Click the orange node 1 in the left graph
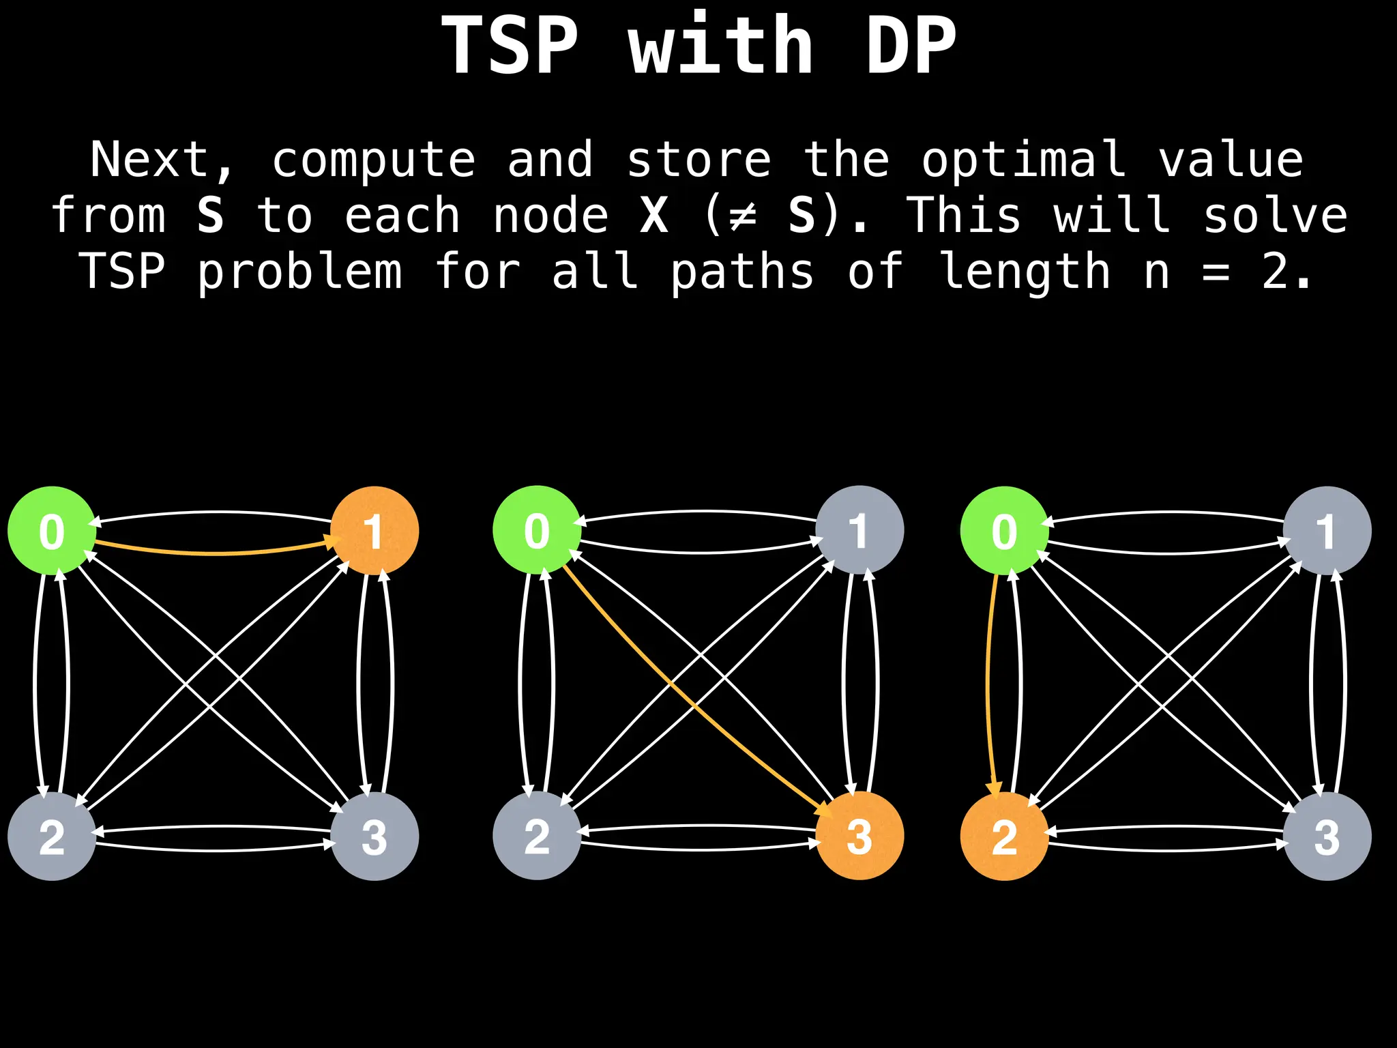[x=374, y=530]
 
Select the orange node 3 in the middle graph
[x=859, y=836]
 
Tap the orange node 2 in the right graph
[x=1004, y=836]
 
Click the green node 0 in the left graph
[x=52, y=530]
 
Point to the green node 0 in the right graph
[x=1004, y=530]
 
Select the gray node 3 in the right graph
[x=1327, y=836]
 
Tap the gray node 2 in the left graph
[x=52, y=836]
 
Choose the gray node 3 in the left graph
[x=374, y=836]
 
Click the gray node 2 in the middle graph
[x=537, y=836]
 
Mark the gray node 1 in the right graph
[x=1327, y=530]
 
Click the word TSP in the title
[x=510, y=45]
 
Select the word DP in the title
[x=911, y=45]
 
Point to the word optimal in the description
[x=1023, y=160]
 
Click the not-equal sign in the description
[x=742, y=216]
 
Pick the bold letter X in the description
[x=654, y=216]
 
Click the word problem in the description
[x=300, y=272]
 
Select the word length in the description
[x=1025, y=272]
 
